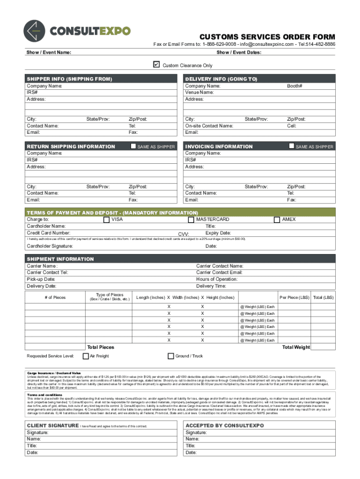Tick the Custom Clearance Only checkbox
[x=157, y=65]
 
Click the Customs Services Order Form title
[x=267, y=37]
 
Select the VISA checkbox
[x=107, y=219]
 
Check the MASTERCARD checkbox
[x=191, y=219]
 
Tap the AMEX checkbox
[x=277, y=219]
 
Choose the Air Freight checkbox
[x=86, y=356]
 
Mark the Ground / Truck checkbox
[x=171, y=356]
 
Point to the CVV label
[x=184, y=234]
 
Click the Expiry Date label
[x=218, y=233]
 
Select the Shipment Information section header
[x=60, y=259]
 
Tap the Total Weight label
[x=295, y=347]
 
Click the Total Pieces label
[x=101, y=347]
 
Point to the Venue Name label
[x=200, y=93]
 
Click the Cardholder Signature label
[x=50, y=246]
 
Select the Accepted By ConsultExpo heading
[x=218, y=426]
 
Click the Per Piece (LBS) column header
[x=295, y=298]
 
